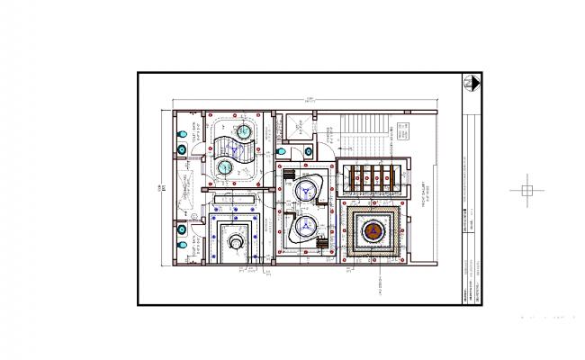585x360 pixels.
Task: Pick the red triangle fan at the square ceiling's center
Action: (370, 232)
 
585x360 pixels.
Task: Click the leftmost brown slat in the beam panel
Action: (351, 175)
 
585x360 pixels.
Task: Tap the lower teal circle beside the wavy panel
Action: (224, 166)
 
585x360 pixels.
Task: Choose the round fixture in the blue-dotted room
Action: (236, 240)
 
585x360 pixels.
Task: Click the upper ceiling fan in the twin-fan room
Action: (309, 191)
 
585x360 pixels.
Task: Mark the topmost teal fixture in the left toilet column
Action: (184, 132)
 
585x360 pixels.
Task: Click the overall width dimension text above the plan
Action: (309, 99)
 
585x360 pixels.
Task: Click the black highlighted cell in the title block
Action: (466, 212)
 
